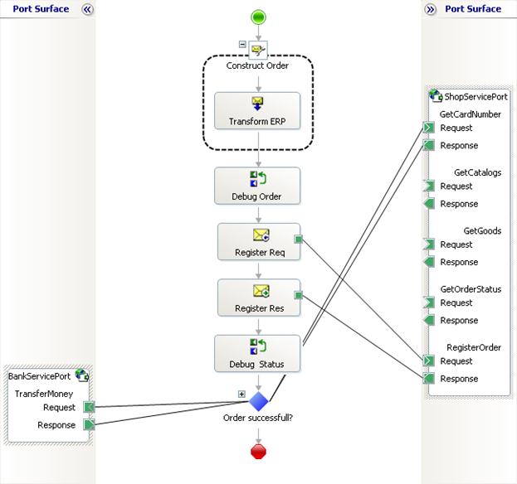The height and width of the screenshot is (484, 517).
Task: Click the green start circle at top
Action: click(258, 17)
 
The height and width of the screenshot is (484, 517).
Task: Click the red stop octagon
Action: click(258, 452)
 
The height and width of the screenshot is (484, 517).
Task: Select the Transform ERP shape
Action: click(257, 110)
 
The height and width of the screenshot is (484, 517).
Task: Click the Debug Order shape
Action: click(257, 186)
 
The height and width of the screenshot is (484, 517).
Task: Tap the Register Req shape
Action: click(259, 242)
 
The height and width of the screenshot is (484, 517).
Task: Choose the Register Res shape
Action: click(259, 298)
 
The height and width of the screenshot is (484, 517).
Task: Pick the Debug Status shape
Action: click(257, 354)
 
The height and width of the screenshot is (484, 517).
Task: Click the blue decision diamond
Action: click(259, 401)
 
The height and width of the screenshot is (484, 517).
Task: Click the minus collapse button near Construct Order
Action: click(242, 44)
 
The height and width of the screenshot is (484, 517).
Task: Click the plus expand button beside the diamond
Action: click(241, 394)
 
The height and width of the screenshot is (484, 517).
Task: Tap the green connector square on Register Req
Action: click(299, 239)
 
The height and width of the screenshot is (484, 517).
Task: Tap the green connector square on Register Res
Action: click(299, 295)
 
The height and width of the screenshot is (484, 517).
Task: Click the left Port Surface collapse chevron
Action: click(87, 10)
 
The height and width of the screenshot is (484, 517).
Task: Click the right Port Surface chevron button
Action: click(431, 10)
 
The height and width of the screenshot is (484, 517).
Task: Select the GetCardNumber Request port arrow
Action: click(429, 128)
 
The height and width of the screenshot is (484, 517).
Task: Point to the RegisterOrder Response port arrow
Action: click(429, 378)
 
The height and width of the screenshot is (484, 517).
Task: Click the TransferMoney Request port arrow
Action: click(89, 407)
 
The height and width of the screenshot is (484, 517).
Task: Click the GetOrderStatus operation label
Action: click(471, 289)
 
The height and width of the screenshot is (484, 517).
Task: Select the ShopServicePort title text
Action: click(476, 96)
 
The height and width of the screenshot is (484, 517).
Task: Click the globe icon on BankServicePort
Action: click(82, 375)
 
